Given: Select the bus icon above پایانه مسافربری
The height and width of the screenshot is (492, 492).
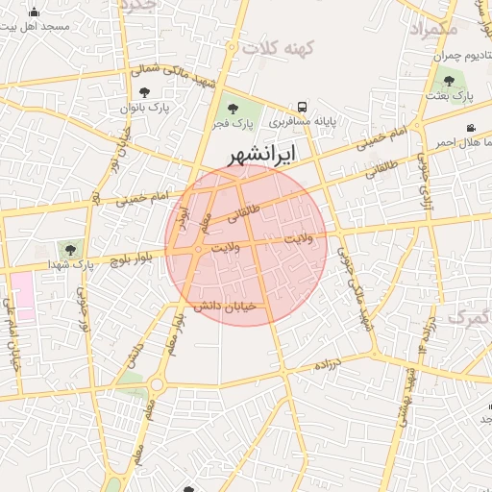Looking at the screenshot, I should tap(303, 107).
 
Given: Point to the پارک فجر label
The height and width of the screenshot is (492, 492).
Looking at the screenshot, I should tap(234, 124).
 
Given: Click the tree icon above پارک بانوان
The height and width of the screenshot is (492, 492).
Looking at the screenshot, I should tap(144, 93).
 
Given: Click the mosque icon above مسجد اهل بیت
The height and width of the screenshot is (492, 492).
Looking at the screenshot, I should tap(36, 12).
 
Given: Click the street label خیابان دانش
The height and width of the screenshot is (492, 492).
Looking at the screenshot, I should tap(227, 307).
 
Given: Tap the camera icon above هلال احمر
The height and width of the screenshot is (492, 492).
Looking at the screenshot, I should tap(470, 129).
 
